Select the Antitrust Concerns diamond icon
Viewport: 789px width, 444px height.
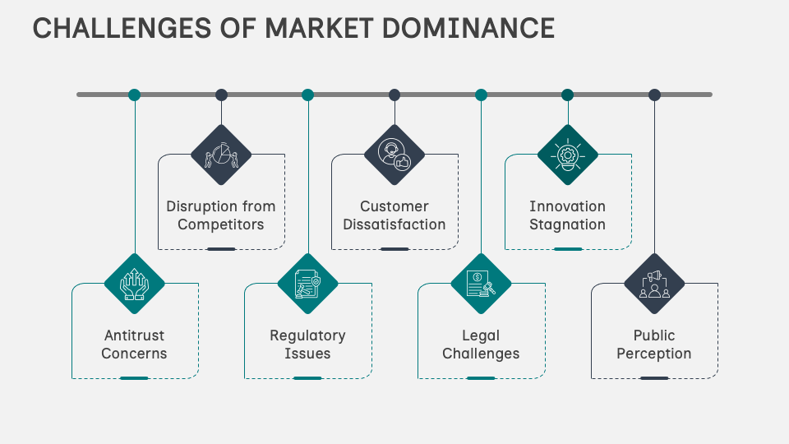135,284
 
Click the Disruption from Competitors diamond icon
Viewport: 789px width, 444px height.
221,155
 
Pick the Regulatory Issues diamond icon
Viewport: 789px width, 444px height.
308,284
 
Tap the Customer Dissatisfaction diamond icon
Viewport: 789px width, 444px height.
394,155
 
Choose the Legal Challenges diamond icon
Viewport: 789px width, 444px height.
481,284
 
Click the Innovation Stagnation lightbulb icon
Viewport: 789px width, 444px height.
568,155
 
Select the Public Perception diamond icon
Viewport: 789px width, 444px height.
654,284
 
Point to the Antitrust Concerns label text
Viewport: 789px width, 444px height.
135,345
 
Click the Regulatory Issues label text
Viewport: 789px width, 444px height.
308,345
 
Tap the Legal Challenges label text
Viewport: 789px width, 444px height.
481,345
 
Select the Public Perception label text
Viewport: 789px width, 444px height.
654,345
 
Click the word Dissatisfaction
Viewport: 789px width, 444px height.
394,224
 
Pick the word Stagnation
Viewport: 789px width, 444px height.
568,224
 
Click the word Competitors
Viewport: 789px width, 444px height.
221,224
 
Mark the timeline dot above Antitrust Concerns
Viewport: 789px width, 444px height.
135,95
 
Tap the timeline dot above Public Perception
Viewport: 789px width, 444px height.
654,95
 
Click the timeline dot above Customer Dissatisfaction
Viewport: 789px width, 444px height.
394,95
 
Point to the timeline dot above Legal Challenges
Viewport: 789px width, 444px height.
481,95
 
